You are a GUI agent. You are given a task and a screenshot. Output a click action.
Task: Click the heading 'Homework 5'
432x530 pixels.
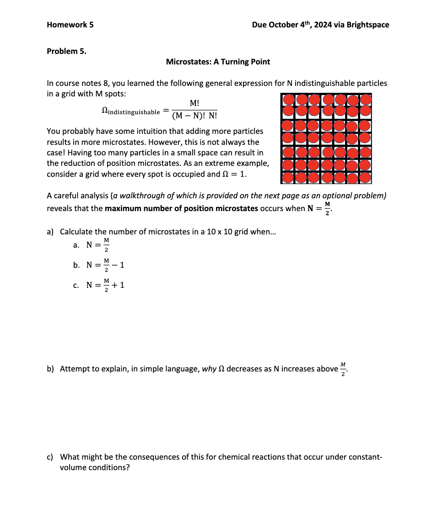coord(70,25)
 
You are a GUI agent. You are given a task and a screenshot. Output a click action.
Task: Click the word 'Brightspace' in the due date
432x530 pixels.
coord(367,25)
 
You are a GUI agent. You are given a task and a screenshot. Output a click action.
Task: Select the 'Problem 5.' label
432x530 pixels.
coord(66,51)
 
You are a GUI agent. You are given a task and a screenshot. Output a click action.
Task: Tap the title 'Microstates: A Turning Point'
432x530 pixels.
coord(218,62)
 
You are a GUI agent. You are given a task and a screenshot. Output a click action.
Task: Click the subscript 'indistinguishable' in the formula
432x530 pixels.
coord(134,112)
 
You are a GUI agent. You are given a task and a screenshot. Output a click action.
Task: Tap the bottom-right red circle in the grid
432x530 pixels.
coord(365,177)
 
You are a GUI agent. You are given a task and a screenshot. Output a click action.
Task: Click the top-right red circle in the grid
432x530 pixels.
coord(365,99)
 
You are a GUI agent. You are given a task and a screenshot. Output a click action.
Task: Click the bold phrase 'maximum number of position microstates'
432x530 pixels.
coord(181,208)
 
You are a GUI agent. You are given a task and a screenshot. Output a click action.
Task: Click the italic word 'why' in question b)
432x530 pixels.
coord(209,369)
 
